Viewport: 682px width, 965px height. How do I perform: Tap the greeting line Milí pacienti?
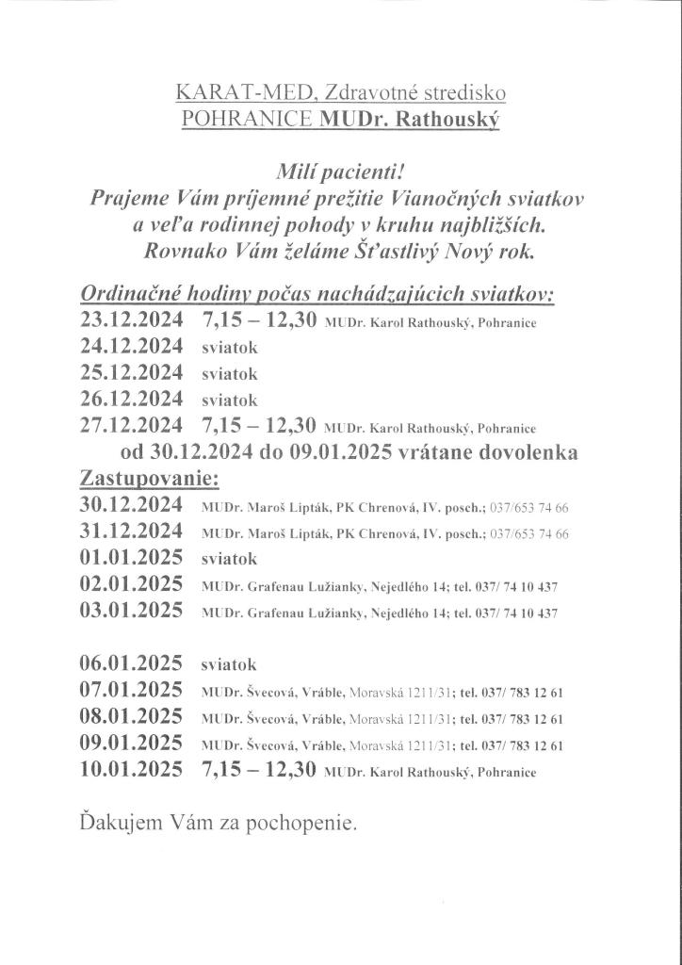(x=341, y=171)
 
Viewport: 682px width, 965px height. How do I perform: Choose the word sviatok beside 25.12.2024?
(x=230, y=373)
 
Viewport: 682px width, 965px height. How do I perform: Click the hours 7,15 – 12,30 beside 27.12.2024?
(x=257, y=423)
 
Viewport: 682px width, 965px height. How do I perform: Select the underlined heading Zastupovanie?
(x=150, y=477)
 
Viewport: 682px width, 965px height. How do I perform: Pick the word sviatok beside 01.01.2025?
(x=230, y=559)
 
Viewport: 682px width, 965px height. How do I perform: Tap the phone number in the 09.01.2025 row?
(x=528, y=745)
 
